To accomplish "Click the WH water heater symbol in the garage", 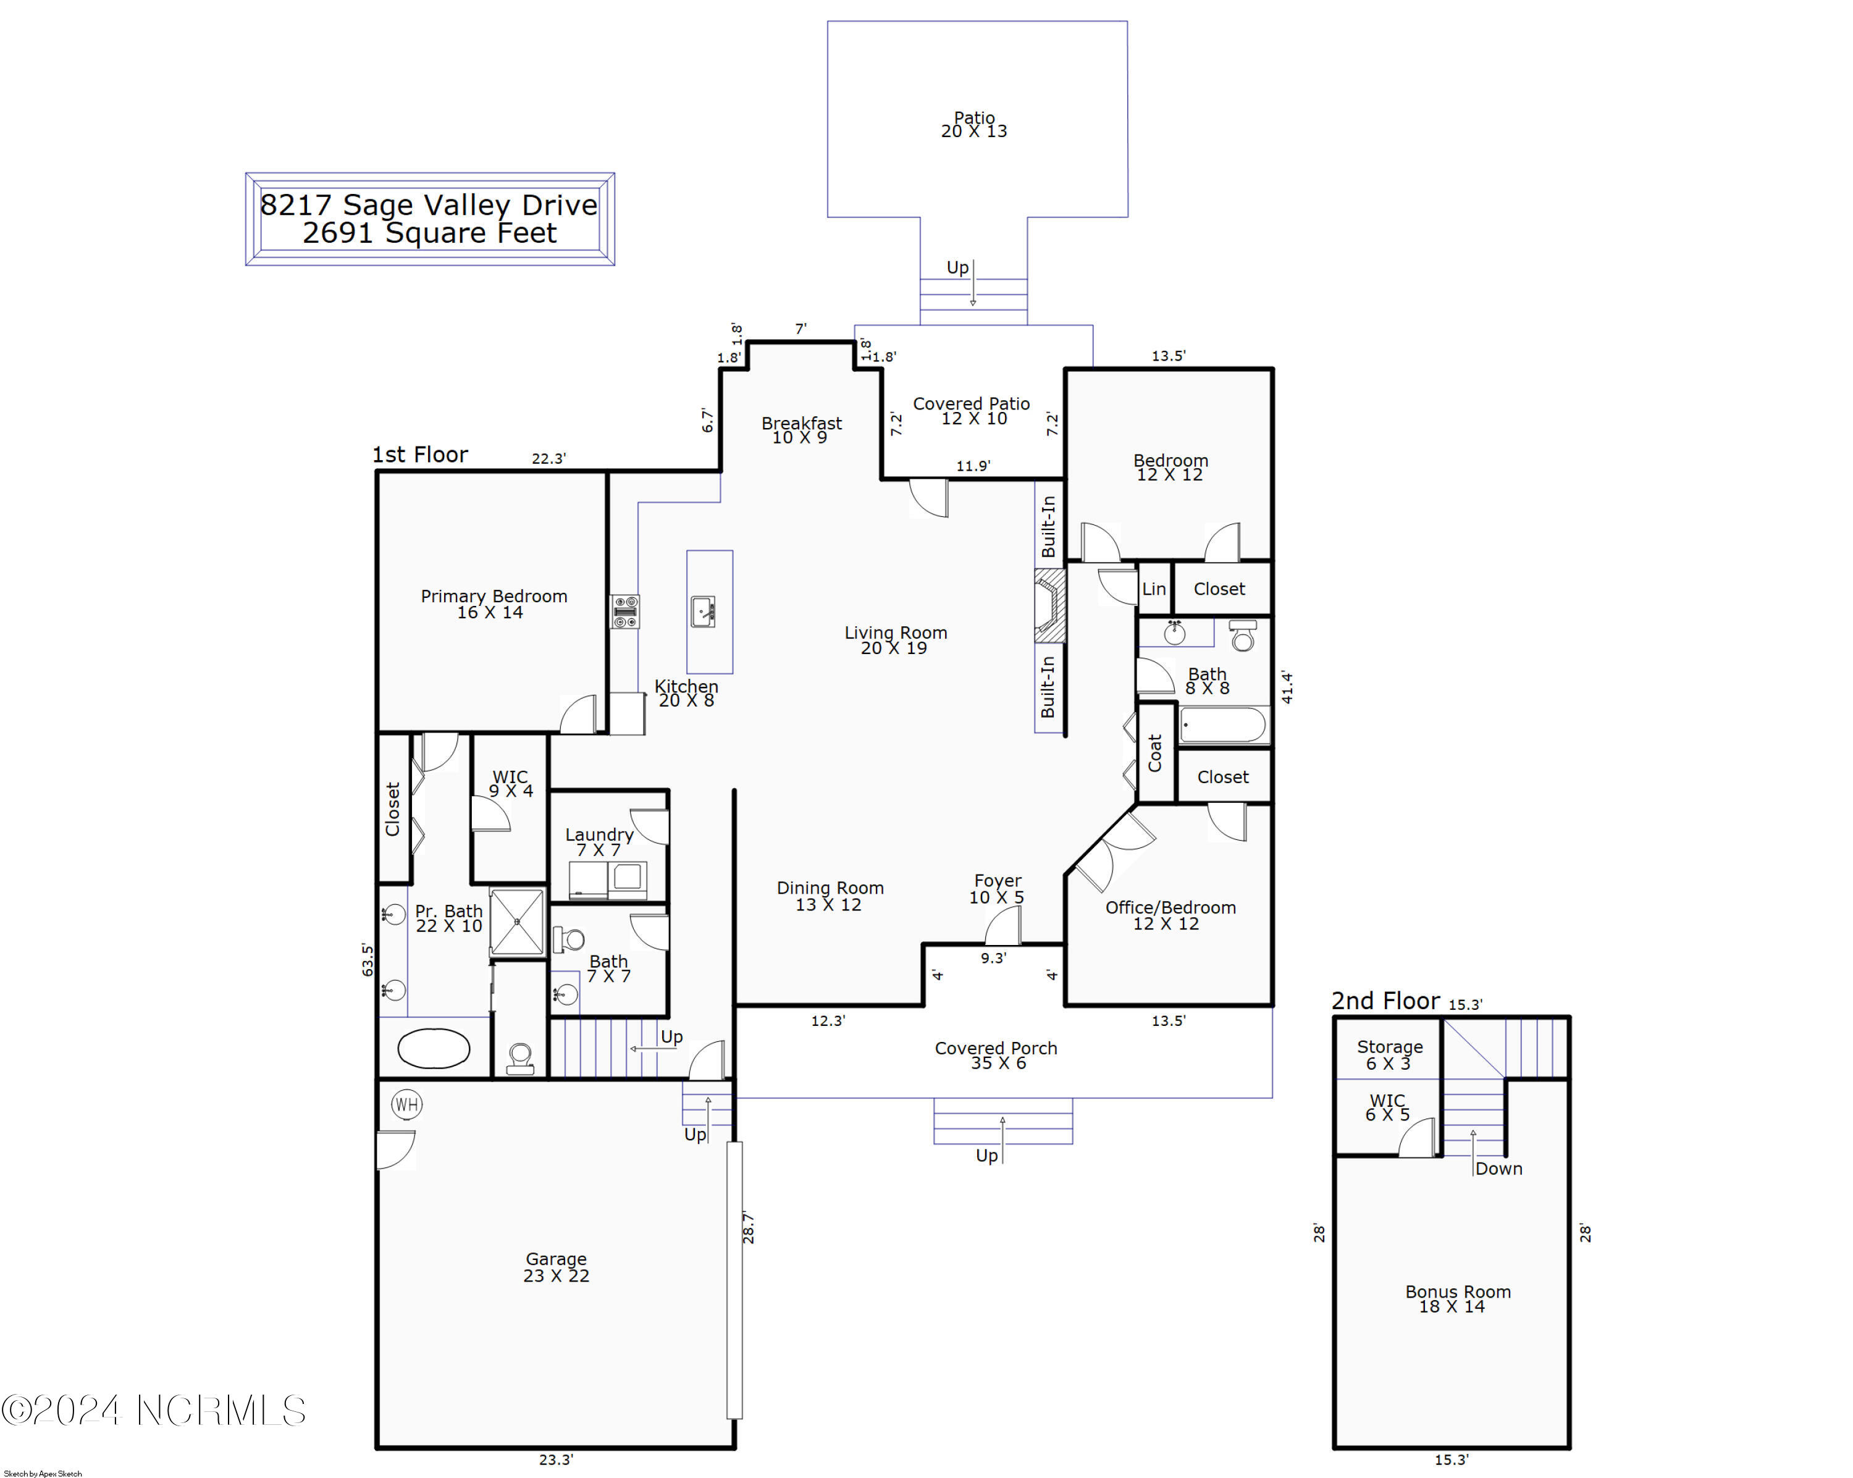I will pyautogui.click(x=406, y=1104).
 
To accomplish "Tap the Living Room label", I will pyautogui.click(x=895, y=640).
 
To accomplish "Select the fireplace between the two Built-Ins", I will pyautogui.click(x=1049, y=606).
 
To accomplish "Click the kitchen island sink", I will pyautogui.click(x=703, y=612).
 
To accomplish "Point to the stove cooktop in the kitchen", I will pyautogui.click(x=625, y=612).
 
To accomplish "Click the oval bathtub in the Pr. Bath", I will pyautogui.click(x=434, y=1048).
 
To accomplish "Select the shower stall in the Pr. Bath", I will pyautogui.click(x=518, y=922).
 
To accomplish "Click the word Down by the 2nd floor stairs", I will pyautogui.click(x=1498, y=1169).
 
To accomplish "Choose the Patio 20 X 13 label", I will pyautogui.click(x=974, y=125).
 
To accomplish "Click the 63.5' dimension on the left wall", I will pyautogui.click(x=368, y=959).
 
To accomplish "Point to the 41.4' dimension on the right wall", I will pyautogui.click(x=1287, y=687).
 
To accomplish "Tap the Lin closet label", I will pyautogui.click(x=1153, y=589).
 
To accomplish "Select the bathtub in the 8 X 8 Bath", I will pyautogui.click(x=1224, y=725).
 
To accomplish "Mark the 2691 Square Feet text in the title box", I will pyautogui.click(x=430, y=233).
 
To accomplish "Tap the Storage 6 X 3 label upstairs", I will pyautogui.click(x=1389, y=1054).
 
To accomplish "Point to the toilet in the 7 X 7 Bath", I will pyautogui.click(x=568, y=939).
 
